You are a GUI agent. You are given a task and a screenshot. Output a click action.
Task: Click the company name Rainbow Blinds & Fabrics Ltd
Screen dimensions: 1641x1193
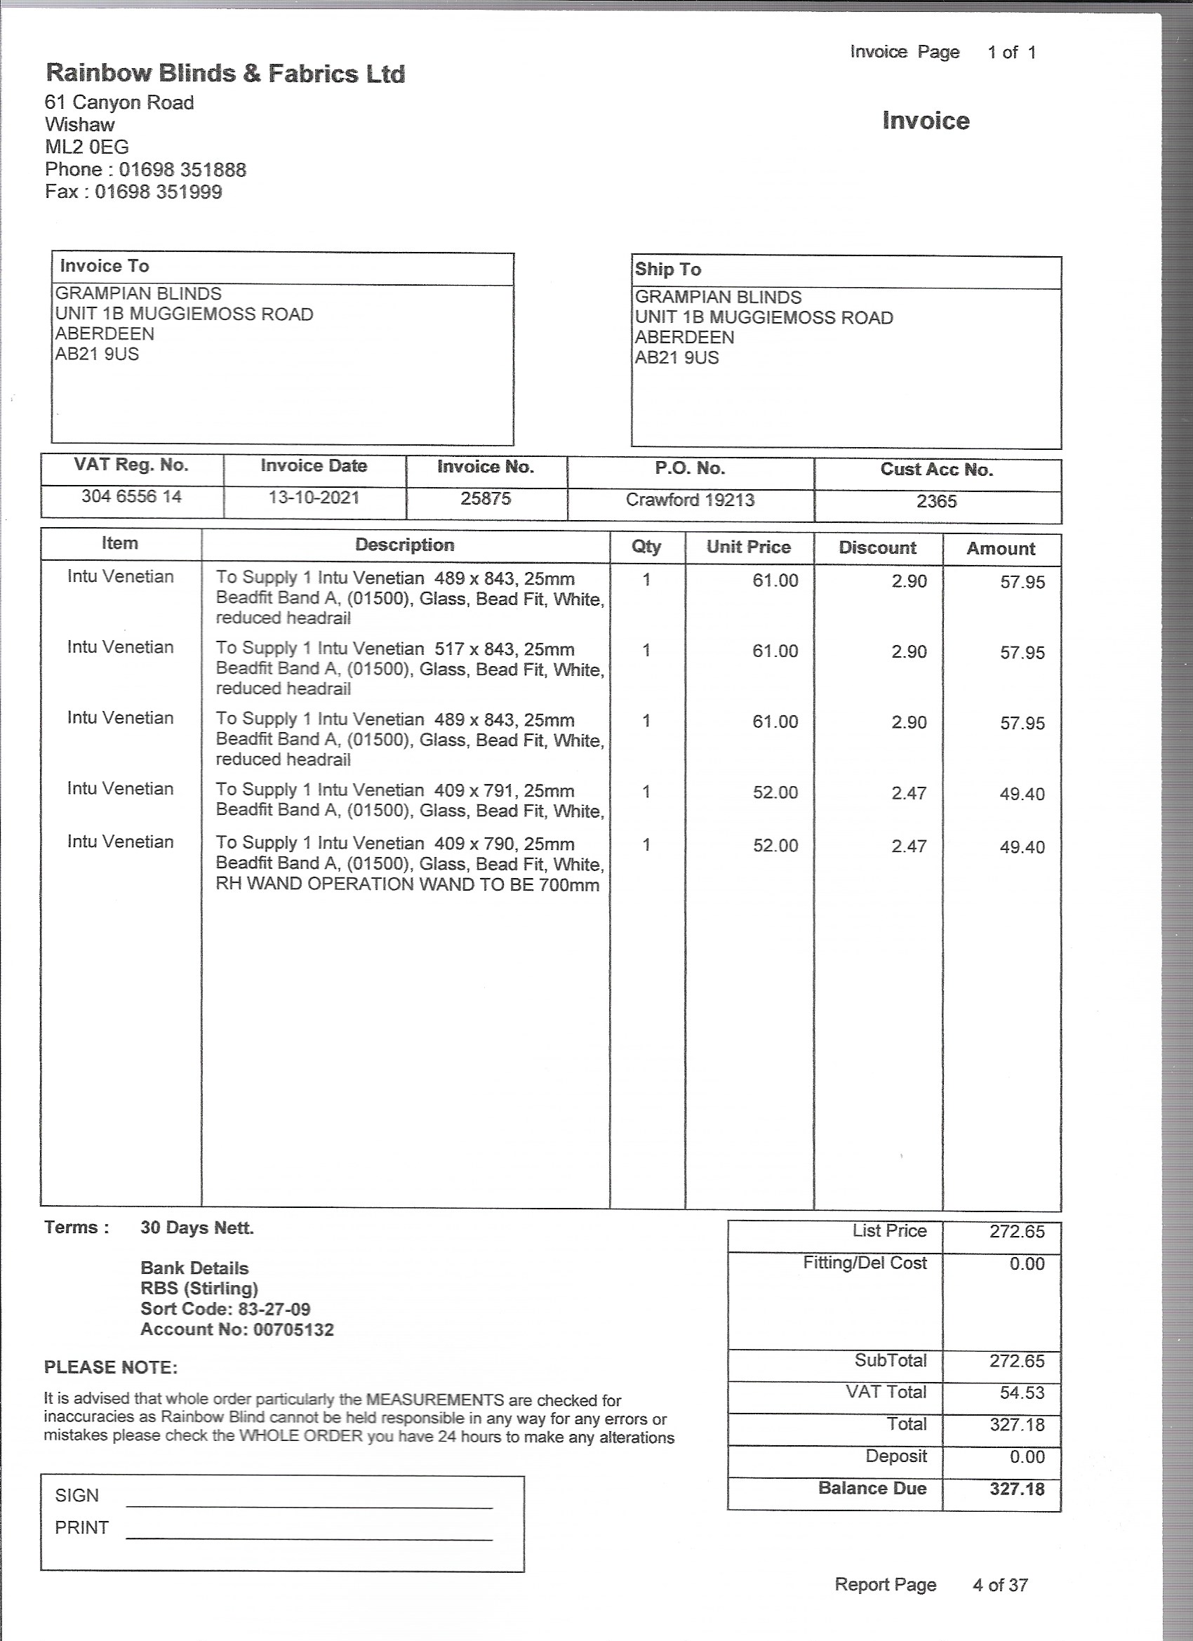coord(225,73)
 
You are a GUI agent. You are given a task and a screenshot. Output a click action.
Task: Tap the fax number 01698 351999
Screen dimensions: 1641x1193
coord(158,192)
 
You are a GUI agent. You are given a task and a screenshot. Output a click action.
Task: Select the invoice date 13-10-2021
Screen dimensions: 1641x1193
coord(313,498)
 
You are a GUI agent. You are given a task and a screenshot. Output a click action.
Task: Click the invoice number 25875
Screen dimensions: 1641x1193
coord(486,498)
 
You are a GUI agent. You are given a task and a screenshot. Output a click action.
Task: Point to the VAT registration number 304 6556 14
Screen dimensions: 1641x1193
coord(131,496)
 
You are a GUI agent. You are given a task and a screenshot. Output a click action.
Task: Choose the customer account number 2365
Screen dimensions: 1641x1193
coord(936,501)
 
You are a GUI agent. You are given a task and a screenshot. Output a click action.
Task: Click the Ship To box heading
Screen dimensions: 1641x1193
coord(668,269)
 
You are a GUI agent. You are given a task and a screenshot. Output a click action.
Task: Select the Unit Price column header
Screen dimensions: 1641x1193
coord(748,547)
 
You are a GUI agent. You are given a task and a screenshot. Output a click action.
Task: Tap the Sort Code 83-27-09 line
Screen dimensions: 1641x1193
coord(225,1309)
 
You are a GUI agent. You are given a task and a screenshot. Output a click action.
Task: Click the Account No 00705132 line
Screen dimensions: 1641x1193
coord(236,1329)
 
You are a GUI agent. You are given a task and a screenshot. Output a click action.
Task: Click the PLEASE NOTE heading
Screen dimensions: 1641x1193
coord(111,1367)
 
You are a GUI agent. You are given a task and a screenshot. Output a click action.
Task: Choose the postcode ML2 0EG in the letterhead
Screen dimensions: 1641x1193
coord(87,147)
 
